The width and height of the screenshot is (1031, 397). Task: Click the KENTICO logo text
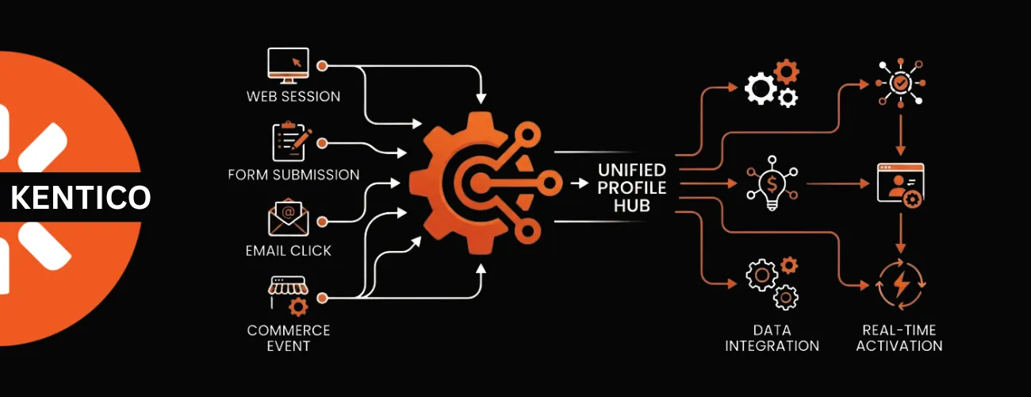[x=81, y=197]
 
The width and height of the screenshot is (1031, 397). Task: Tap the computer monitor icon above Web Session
[x=288, y=66]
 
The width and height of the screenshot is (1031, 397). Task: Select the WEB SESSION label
[x=293, y=96]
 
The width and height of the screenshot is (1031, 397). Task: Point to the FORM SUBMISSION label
[x=293, y=175]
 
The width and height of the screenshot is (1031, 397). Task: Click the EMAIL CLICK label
[x=289, y=251]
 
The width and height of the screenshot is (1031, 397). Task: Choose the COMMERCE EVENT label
[x=289, y=338]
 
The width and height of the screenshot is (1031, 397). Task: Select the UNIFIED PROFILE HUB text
[x=632, y=188]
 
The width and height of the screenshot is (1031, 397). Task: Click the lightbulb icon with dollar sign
[x=772, y=183]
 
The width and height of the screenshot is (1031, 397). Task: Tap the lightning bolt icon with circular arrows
[x=901, y=284]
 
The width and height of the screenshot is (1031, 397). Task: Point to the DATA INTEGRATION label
[x=772, y=338]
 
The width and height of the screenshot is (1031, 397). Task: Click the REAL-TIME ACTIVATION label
[x=899, y=338]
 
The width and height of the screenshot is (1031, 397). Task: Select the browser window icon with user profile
[x=900, y=185]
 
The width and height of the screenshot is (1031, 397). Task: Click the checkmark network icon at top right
[x=901, y=83]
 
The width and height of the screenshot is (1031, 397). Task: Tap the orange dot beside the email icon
[x=322, y=222]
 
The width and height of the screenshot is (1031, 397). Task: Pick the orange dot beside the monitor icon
[x=322, y=66]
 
